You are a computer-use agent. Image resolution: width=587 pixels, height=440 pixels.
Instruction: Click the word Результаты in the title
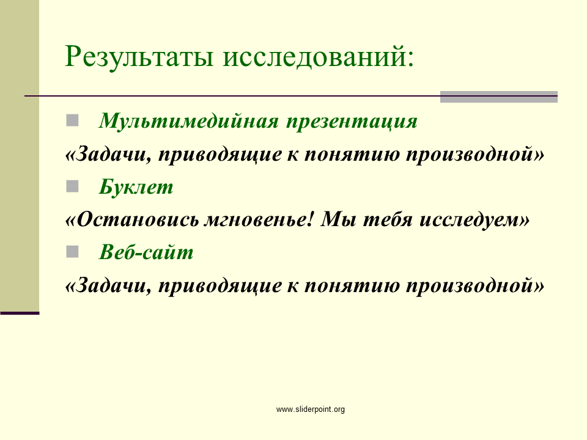(139, 57)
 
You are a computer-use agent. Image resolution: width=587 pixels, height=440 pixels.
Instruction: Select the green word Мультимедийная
(189, 121)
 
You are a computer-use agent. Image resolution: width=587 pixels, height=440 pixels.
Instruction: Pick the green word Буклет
(136, 187)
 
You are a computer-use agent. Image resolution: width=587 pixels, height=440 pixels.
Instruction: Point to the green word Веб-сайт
(146, 252)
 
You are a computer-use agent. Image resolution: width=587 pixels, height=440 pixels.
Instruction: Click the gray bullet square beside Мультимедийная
(72, 120)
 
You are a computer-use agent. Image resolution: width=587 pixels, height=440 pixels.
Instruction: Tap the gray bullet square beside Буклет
(72, 186)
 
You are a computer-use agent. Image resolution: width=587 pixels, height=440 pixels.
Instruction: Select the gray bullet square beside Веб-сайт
(72, 251)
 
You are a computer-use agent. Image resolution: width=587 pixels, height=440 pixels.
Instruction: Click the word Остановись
(137, 219)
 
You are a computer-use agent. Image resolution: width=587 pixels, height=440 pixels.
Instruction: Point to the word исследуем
(470, 221)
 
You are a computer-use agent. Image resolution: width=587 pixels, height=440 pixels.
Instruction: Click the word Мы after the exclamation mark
(338, 219)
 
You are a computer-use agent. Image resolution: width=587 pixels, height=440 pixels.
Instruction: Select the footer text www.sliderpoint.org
(311, 409)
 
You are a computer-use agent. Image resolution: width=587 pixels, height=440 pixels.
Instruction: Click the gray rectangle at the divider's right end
(499, 97)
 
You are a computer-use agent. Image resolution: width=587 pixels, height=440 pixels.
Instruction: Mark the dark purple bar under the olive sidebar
(20, 313)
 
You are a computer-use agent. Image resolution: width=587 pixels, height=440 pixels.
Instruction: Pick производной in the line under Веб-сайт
(470, 286)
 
